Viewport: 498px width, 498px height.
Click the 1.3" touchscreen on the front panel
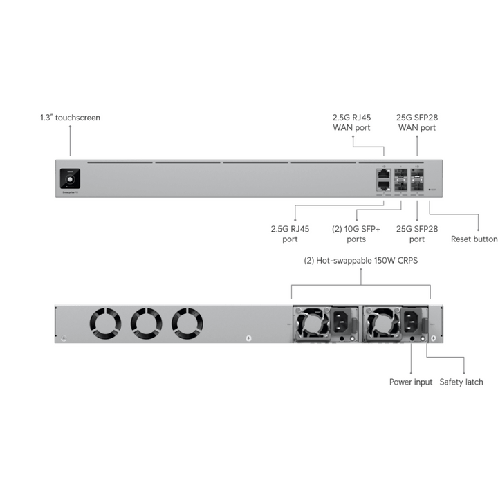click(70, 178)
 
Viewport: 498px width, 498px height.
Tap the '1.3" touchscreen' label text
click(70, 118)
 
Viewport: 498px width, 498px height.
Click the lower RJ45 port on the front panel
click(382, 185)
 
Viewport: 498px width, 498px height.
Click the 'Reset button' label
click(474, 239)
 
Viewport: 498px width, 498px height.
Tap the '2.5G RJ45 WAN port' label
click(351, 122)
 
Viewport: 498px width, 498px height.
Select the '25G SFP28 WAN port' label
click(416, 122)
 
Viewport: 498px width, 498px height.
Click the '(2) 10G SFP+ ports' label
click(356, 234)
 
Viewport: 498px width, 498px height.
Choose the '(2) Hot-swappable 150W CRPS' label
click(360, 261)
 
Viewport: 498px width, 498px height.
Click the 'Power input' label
click(410, 382)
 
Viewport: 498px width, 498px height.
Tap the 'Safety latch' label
click(461, 382)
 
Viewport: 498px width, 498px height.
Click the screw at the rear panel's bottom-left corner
click(64, 338)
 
